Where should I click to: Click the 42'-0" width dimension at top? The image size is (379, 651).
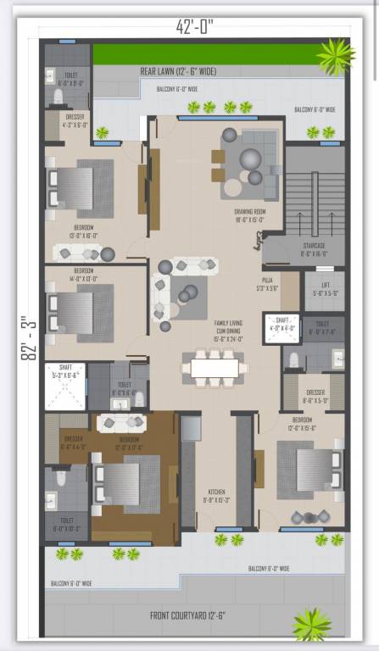point(196,26)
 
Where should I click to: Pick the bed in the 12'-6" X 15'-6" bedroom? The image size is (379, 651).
point(312,469)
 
